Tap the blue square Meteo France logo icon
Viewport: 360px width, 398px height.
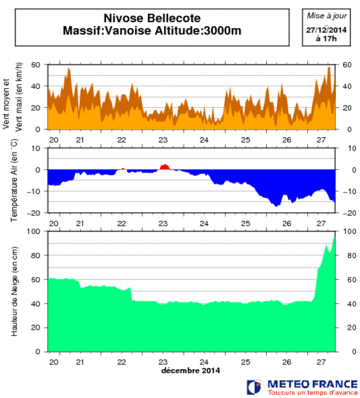point(254,387)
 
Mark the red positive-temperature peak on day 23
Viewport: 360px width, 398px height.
point(164,167)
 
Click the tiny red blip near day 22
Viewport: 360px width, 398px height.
point(122,169)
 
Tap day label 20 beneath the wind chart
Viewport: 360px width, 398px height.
point(54,140)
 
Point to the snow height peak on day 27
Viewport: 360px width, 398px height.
point(334,239)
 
